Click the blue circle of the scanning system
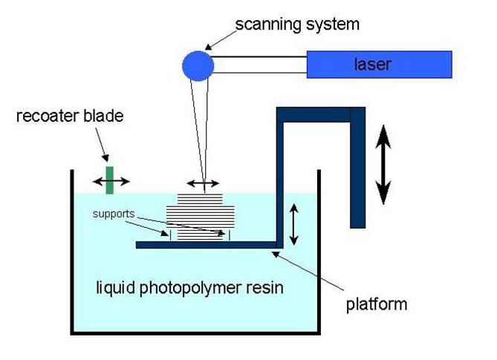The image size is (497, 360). [x=198, y=65]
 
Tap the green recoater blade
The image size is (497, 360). [x=109, y=180]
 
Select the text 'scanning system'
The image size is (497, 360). [x=297, y=24]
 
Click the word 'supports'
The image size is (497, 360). [x=114, y=215]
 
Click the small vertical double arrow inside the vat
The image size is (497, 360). [x=293, y=225]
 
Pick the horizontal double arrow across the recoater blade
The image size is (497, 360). [x=109, y=181]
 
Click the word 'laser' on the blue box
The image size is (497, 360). [x=371, y=65]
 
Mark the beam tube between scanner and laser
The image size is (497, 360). [x=260, y=65]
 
